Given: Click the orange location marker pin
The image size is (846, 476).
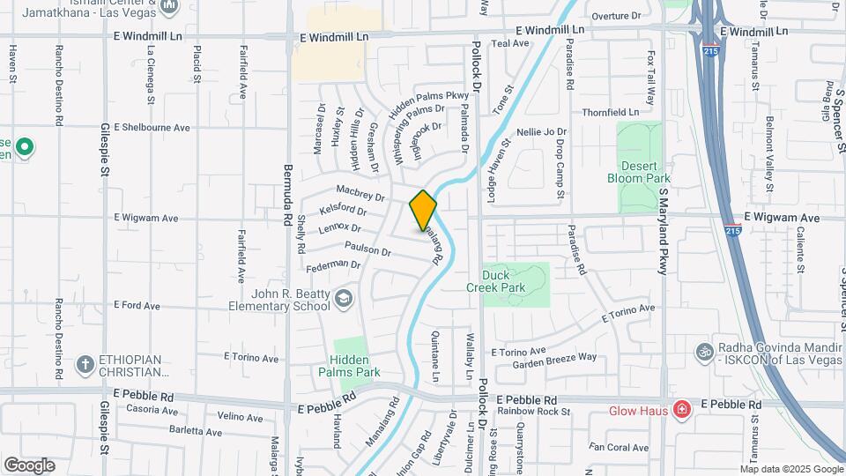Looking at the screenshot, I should click(x=423, y=211).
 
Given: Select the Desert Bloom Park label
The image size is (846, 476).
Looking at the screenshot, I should click(x=639, y=171).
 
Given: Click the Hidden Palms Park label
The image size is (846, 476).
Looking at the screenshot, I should click(x=355, y=366).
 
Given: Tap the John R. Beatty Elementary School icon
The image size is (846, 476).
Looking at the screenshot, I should click(x=343, y=300).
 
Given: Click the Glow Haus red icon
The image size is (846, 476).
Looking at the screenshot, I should click(x=680, y=410).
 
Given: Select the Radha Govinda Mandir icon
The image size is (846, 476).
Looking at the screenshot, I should click(x=703, y=350).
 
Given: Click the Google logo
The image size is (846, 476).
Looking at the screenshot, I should click(x=29, y=465).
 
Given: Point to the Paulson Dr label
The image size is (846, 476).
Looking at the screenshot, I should click(x=367, y=250).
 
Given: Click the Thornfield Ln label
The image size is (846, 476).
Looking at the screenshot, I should click(x=610, y=113).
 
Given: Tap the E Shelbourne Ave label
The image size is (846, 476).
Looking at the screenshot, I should click(x=152, y=127).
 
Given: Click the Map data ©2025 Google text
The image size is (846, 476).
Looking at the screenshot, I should click(x=790, y=469).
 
